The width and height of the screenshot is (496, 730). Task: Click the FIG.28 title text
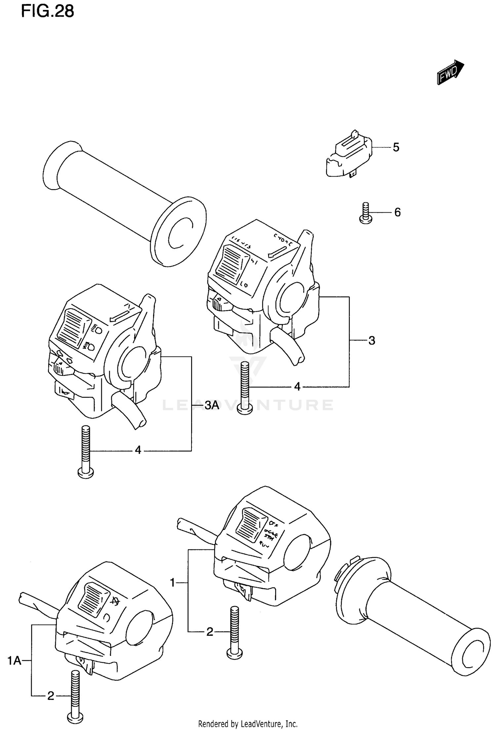click(48, 12)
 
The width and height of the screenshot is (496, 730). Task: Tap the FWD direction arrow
click(450, 72)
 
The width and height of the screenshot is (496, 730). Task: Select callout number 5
click(396, 147)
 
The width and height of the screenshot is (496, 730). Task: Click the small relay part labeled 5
click(349, 155)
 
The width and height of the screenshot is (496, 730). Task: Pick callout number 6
click(397, 212)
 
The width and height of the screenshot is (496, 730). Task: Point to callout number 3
click(372, 341)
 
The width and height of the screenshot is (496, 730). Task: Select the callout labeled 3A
click(212, 405)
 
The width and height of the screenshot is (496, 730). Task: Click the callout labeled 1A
click(15, 661)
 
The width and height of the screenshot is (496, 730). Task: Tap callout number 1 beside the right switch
click(172, 583)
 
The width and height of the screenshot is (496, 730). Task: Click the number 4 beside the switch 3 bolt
click(297, 386)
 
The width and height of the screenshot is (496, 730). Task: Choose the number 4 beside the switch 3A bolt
click(138, 450)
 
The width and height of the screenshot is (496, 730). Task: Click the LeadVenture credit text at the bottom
click(248, 724)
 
